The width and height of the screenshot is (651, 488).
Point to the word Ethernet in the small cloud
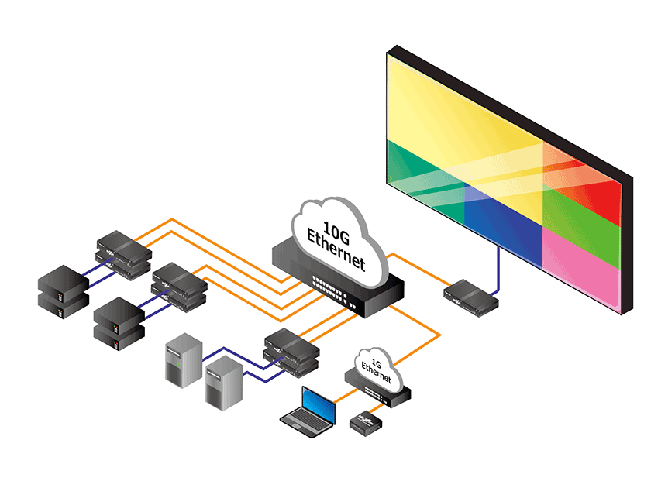(377, 373)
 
